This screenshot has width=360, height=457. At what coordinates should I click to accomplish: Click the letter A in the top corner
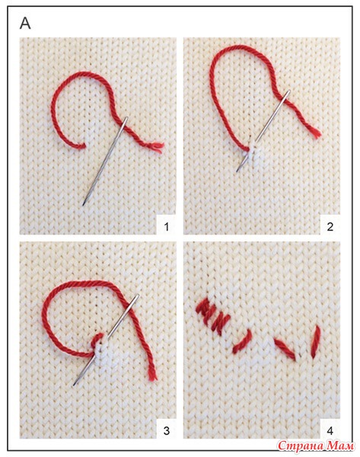[25, 24]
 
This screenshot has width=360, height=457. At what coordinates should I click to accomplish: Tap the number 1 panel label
[167, 226]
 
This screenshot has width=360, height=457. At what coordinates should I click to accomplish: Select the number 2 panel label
[330, 226]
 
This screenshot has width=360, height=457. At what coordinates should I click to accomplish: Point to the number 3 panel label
[167, 430]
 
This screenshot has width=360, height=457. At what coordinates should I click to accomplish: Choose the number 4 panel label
[330, 430]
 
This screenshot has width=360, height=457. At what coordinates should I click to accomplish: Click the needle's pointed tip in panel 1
[83, 205]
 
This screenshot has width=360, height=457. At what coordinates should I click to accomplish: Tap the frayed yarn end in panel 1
[158, 147]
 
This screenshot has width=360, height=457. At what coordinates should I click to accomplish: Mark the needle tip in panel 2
[237, 171]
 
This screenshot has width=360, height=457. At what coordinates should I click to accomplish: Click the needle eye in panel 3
[136, 298]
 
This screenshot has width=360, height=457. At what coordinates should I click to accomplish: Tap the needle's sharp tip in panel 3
[74, 385]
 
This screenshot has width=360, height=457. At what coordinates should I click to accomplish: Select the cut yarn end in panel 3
[152, 376]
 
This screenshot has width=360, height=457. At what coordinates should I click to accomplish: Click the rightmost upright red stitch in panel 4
[316, 342]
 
